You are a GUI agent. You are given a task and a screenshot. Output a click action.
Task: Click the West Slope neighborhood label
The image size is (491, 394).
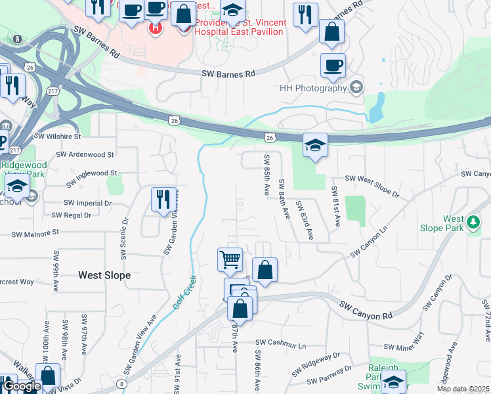104,275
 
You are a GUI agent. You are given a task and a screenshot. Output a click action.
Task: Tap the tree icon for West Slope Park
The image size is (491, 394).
473,223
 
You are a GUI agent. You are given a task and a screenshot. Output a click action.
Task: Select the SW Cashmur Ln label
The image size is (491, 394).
281,343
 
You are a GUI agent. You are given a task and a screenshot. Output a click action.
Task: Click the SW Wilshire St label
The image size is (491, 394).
57,137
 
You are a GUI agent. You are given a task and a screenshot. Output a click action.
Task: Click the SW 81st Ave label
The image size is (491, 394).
335,206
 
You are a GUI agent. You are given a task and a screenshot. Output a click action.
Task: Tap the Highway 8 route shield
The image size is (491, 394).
122,384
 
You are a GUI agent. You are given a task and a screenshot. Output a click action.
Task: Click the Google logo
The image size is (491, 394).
21,387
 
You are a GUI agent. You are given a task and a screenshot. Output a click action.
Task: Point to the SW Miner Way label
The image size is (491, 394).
403,346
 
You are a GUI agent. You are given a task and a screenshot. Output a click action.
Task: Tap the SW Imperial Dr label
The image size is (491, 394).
87,203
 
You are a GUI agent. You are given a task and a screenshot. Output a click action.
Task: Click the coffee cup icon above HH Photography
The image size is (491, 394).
333,65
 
